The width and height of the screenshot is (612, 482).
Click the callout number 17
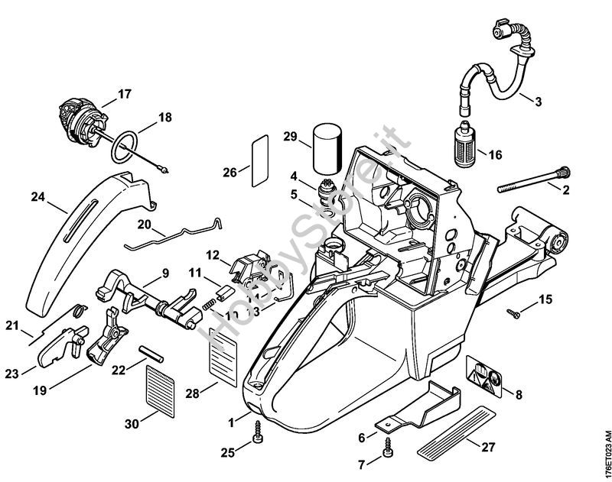pos(125,95)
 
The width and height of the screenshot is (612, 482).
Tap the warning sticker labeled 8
pos(483,376)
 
